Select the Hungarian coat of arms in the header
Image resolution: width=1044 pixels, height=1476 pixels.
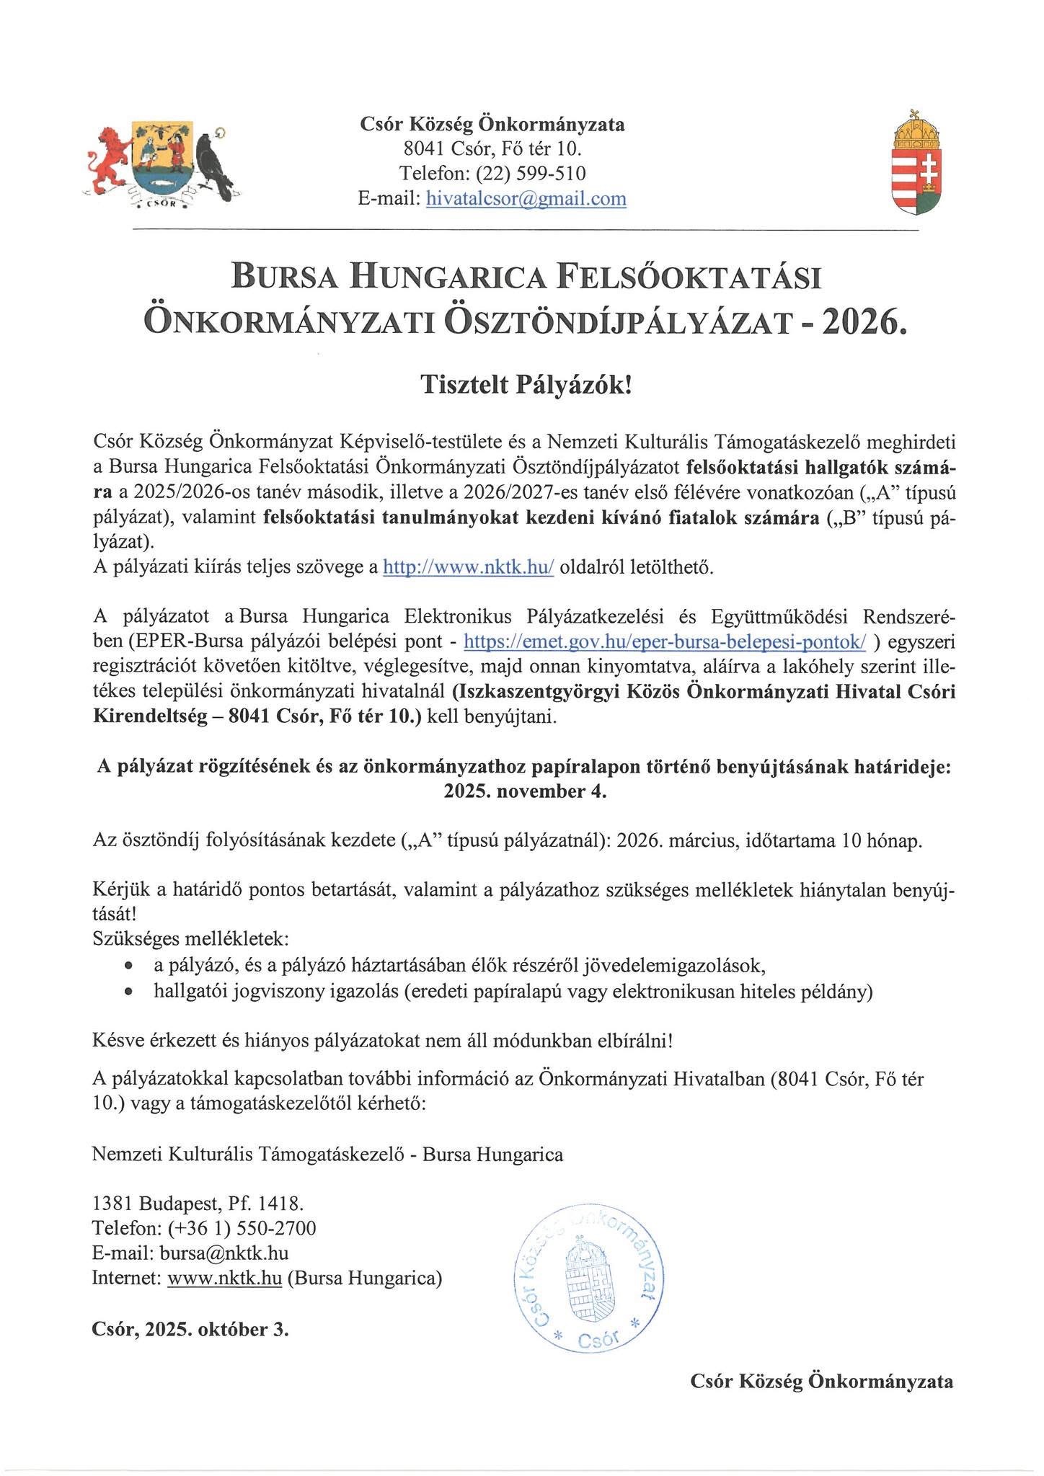coord(917,163)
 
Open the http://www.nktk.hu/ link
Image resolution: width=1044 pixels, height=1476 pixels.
coord(468,567)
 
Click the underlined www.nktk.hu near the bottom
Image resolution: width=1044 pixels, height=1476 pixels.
coord(224,1278)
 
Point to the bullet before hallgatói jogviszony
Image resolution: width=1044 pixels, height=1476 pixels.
coord(128,992)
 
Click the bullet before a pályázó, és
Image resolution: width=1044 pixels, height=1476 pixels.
coord(128,966)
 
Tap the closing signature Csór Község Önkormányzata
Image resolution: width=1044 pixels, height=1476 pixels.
coord(821,1381)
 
